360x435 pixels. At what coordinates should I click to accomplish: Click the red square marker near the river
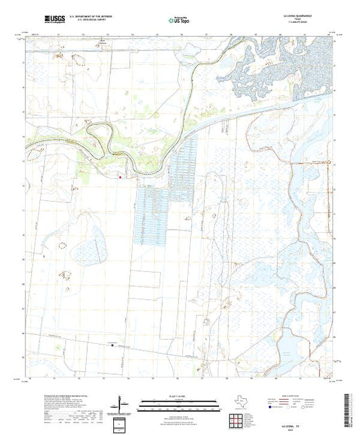coord(120,177)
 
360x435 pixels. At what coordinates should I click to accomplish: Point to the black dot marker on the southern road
coord(109,345)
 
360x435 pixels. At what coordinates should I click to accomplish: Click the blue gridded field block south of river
coord(152,214)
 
